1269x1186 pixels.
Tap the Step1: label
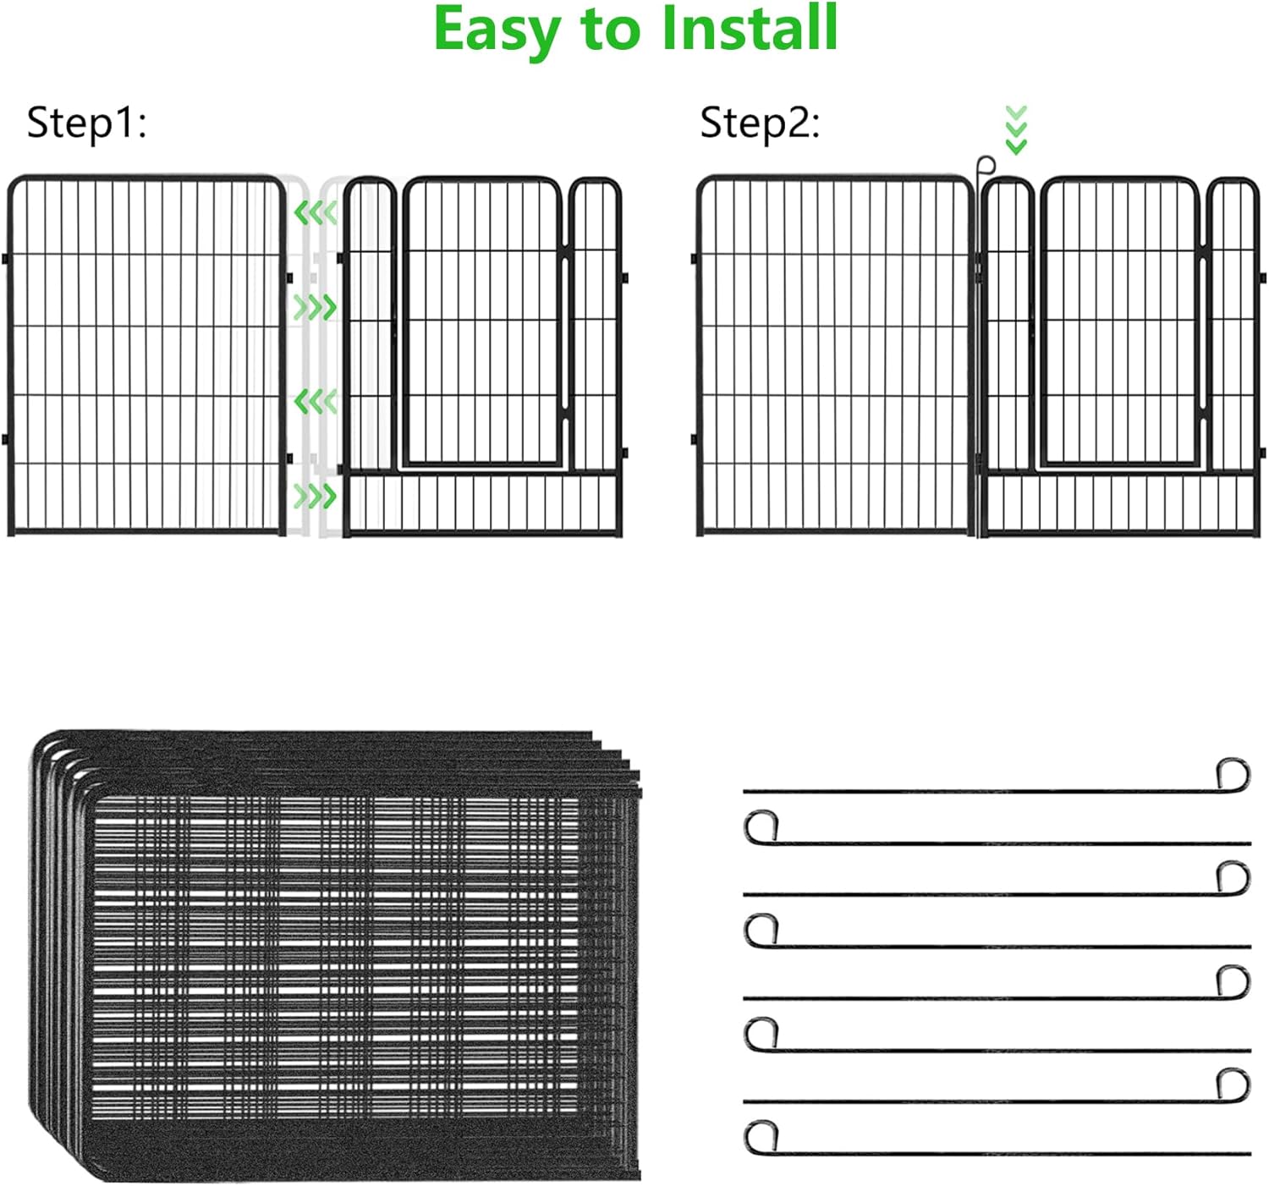(x=86, y=123)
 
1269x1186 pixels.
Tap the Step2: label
(x=759, y=123)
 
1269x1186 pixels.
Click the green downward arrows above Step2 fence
(x=1016, y=129)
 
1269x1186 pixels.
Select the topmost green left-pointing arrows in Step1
(x=316, y=212)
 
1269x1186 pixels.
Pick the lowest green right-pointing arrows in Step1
(x=316, y=496)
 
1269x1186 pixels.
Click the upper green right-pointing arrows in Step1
(x=316, y=307)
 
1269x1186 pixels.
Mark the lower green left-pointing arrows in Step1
(x=316, y=401)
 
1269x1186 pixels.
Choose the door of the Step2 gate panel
(x=1119, y=321)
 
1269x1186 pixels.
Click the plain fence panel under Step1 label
(x=146, y=355)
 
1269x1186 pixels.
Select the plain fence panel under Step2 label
(x=835, y=355)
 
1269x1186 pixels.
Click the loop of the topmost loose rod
(x=1233, y=773)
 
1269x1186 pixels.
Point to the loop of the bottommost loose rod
(x=761, y=1135)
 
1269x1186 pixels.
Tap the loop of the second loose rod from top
(x=761, y=826)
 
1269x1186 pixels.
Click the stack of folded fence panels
(x=338, y=956)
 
